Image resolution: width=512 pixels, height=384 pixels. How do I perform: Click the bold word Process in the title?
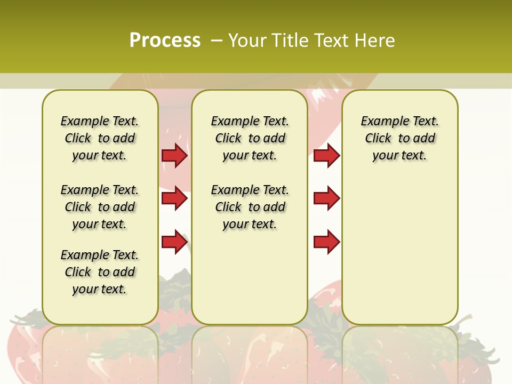(x=165, y=40)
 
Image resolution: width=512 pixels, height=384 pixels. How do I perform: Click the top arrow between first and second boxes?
(x=174, y=155)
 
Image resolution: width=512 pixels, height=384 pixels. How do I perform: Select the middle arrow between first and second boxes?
(x=174, y=198)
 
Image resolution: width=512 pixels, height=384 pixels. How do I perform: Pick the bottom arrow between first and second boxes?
(x=174, y=242)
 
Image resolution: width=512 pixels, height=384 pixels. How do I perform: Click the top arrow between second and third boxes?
(x=326, y=155)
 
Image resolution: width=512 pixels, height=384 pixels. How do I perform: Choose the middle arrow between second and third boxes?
(x=326, y=198)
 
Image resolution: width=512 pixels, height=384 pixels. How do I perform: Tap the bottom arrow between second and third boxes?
(x=326, y=242)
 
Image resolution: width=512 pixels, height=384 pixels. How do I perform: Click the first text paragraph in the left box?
(x=100, y=138)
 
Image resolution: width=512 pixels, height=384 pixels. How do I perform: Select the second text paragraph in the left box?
(x=100, y=207)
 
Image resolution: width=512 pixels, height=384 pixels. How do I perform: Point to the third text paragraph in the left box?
(x=100, y=272)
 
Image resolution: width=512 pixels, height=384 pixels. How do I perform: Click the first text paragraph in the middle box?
(x=250, y=138)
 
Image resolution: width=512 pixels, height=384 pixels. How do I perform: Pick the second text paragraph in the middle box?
(x=250, y=207)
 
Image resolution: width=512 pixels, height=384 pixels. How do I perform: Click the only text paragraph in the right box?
(x=400, y=138)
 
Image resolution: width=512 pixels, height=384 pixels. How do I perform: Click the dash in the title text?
(x=217, y=41)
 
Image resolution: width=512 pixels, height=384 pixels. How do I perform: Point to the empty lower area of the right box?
(x=400, y=251)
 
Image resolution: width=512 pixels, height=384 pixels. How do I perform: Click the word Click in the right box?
(x=378, y=139)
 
